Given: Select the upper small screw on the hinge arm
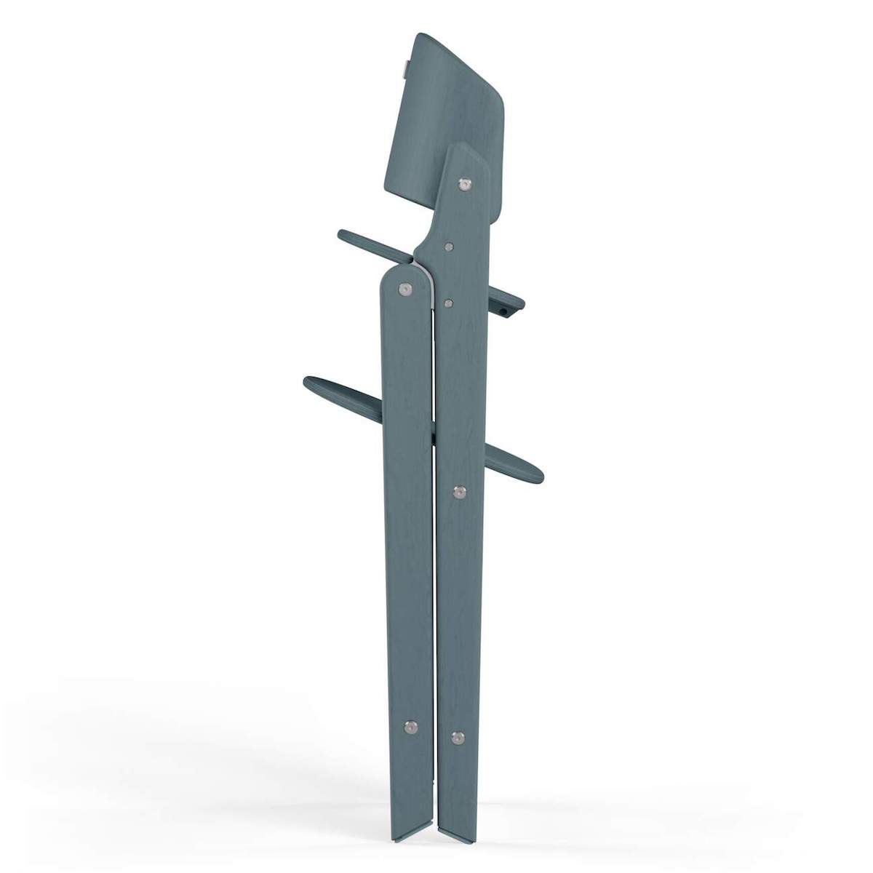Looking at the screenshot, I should [449, 247].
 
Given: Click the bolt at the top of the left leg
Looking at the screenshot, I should [404, 290].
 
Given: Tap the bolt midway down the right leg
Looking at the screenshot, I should [459, 493].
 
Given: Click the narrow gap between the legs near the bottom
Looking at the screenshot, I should [434, 786].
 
